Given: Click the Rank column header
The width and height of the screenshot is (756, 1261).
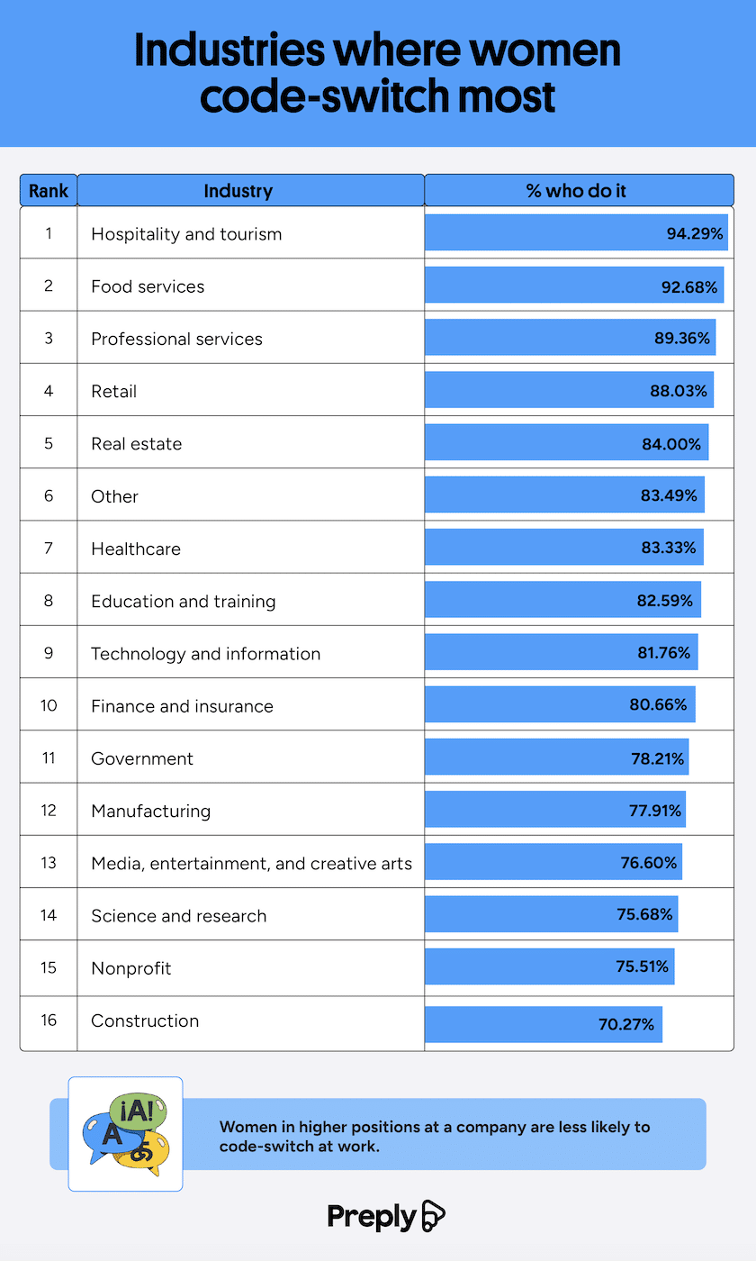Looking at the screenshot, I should [x=49, y=191].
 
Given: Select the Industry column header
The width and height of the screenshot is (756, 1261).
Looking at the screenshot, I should [x=238, y=191].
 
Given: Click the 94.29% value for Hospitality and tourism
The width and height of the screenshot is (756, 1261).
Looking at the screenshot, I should [x=695, y=233].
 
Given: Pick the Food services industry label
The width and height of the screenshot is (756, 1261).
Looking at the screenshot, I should [x=148, y=286].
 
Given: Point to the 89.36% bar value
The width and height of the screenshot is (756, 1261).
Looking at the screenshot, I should [x=681, y=338].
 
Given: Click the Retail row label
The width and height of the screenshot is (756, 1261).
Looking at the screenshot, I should [x=114, y=391].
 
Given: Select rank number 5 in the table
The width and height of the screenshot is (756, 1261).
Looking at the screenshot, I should [x=49, y=442].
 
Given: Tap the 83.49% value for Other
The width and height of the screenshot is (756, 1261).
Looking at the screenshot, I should [x=669, y=495].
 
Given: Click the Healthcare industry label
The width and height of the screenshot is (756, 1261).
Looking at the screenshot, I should [x=136, y=549].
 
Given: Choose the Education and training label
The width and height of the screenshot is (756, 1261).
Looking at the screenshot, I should [x=184, y=601].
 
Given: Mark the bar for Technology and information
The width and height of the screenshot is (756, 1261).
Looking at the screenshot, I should [x=561, y=653].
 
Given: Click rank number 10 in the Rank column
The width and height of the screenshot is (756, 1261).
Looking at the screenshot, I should [x=49, y=704].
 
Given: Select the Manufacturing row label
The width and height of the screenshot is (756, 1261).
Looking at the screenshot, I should [x=150, y=811].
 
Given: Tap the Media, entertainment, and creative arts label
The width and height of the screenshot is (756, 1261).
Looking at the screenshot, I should [x=251, y=863].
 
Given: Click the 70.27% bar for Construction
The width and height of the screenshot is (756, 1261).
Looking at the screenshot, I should [x=544, y=1024].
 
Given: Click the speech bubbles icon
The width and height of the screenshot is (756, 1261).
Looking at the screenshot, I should [x=125, y=1134].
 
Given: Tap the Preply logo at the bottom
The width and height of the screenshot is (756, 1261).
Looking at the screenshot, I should [x=386, y=1216].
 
